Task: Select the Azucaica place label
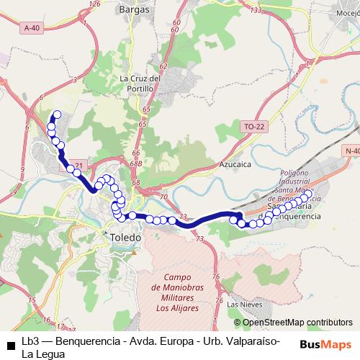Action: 234,164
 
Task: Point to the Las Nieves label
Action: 241,305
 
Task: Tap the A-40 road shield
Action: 31,27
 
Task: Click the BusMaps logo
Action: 330,344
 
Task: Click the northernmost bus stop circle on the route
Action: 57,114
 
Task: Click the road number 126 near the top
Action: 93,4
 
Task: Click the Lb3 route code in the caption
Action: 30,340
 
